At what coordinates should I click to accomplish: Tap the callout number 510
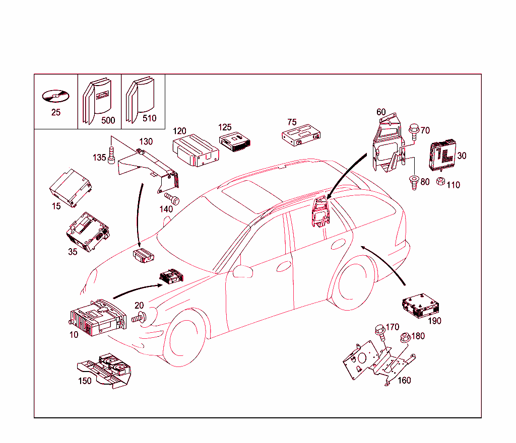tap(150, 119)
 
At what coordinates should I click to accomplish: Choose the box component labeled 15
tap(71, 188)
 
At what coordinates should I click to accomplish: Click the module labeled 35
tap(88, 231)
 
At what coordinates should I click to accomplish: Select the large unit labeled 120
tap(195, 149)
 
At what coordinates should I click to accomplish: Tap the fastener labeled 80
tap(414, 182)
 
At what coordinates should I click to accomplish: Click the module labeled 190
tap(421, 305)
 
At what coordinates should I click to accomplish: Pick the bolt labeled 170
tap(379, 332)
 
